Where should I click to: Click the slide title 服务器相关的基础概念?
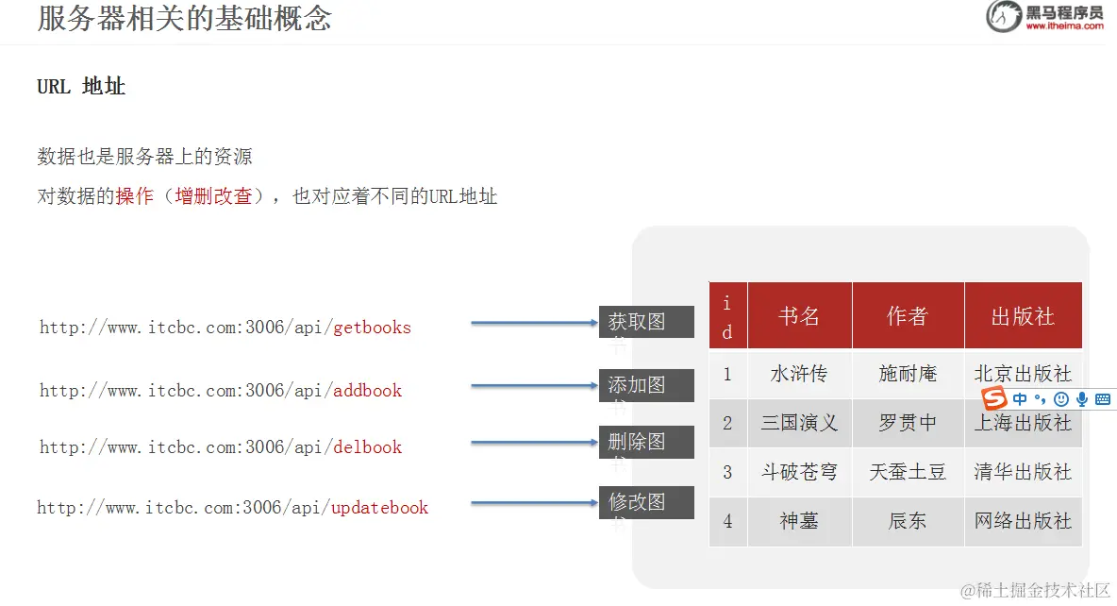click(x=185, y=18)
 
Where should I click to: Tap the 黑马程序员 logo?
click(x=1045, y=17)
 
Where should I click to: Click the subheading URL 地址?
click(x=81, y=87)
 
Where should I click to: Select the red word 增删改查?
click(x=213, y=196)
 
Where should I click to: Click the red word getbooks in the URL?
click(x=373, y=328)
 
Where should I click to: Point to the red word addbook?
click(x=368, y=390)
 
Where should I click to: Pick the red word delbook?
click(x=368, y=446)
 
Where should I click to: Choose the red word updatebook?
click(x=380, y=507)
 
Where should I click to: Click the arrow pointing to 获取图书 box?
click(x=534, y=323)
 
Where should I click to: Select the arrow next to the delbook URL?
click(x=534, y=443)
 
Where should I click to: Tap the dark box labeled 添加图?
click(x=646, y=385)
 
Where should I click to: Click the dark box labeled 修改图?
click(x=646, y=502)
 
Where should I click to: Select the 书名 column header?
click(x=799, y=316)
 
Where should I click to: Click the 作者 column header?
click(x=908, y=316)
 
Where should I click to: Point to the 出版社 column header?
click(x=1023, y=316)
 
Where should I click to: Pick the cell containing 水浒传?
click(x=799, y=374)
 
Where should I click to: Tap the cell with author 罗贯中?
click(x=908, y=423)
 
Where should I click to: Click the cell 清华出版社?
click(x=1023, y=472)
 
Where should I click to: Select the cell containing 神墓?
click(x=799, y=521)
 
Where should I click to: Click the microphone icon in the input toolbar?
click(x=1082, y=399)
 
